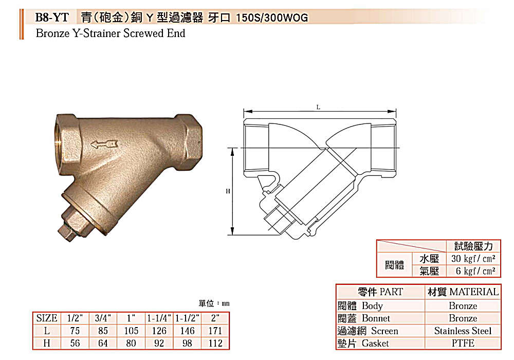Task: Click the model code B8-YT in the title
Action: coord(52,17)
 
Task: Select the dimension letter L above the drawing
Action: coord(319,107)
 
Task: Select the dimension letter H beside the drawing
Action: coord(228,191)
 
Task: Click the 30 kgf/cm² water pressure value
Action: coord(473,259)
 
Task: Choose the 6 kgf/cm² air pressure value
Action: coord(475,271)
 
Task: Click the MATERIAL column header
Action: coord(463,292)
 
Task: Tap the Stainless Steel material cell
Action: coord(463,331)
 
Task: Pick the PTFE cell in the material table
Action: coord(463,343)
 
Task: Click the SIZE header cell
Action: coord(47,318)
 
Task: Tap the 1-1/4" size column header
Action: coord(159,318)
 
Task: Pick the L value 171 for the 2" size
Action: coord(215,331)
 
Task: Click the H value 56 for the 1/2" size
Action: coord(75,343)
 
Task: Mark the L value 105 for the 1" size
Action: coord(131,331)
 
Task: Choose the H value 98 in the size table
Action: coord(187,343)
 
